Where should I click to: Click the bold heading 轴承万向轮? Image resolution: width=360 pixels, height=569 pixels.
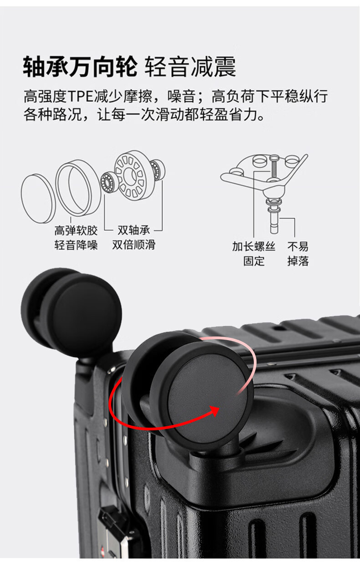click(x=80, y=67)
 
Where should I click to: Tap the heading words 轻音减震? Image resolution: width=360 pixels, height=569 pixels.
click(x=190, y=67)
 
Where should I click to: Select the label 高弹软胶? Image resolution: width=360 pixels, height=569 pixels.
click(x=76, y=230)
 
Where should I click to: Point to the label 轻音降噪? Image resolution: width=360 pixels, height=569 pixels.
click(x=76, y=245)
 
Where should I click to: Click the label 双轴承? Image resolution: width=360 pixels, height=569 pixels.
click(x=134, y=230)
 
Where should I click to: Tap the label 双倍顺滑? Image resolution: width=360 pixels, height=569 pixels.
click(x=134, y=245)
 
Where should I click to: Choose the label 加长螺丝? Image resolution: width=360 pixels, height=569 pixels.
click(x=254, y=246)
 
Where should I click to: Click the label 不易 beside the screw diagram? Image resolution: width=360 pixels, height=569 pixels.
click(x=298, y=246)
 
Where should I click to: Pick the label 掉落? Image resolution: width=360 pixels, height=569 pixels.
click(x=298, y=261)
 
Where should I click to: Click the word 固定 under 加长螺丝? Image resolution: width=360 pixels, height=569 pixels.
click(x=254, y=261)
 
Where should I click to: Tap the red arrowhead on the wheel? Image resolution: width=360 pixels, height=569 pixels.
click(x=215, y=411)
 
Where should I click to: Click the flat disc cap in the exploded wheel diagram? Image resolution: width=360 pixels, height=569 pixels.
click(x=38, y=199)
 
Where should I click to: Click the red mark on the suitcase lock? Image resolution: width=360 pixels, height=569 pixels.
click(x=103, y=557)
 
